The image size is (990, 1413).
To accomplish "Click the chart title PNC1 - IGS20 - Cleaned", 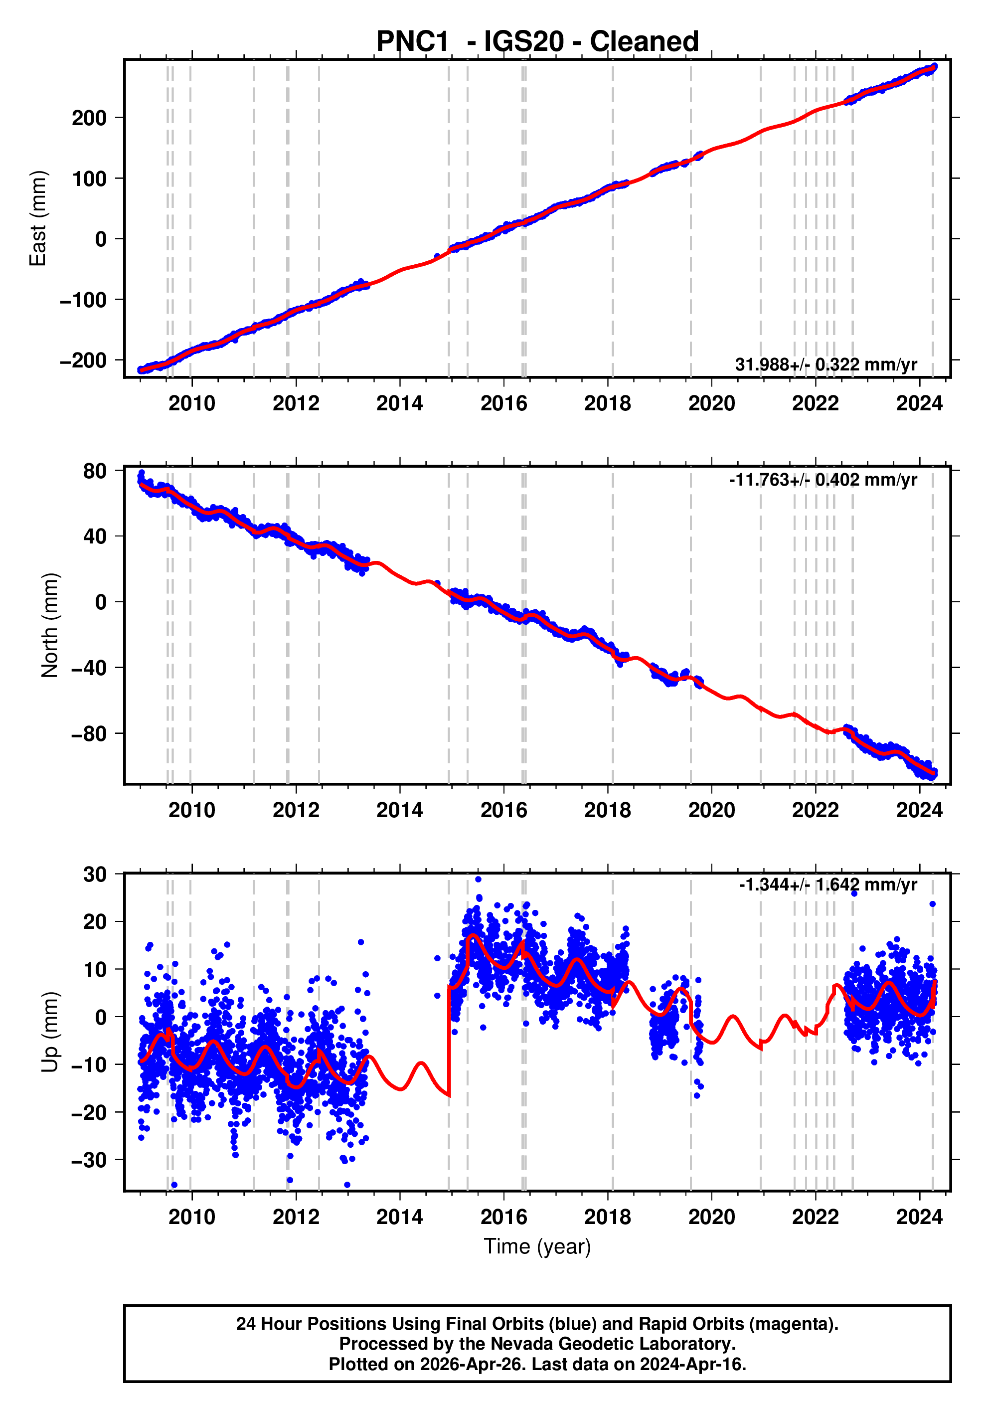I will (x=537, y=42).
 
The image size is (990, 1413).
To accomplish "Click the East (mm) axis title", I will (x=38, y=218).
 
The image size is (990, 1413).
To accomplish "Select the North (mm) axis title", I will (x=50, y=625).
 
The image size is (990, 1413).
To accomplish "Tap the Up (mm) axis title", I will (x=50, y=1032).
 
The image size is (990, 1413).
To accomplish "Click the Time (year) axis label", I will (x=537, y=1246).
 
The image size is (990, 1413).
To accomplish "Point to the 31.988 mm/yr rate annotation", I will (x=825, y=364).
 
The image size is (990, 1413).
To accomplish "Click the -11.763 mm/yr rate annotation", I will (x=823, y=480).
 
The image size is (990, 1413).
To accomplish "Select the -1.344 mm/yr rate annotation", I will (x=827, y=884).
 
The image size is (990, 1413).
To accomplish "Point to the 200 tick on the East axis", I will (x=89, y=118).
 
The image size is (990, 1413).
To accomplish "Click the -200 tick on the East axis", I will (x=83, y=360).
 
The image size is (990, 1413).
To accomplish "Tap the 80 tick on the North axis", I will (x=95, y=471).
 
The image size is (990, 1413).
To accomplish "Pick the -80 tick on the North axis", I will (x=89, y=733).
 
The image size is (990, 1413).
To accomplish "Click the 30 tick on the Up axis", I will (x=95, y=874).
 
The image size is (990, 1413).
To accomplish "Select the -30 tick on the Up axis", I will (x=89, y=1160).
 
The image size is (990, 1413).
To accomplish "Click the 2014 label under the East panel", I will (x=400, y=404).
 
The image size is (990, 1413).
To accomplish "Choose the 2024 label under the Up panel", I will (x=919, y=1217).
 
